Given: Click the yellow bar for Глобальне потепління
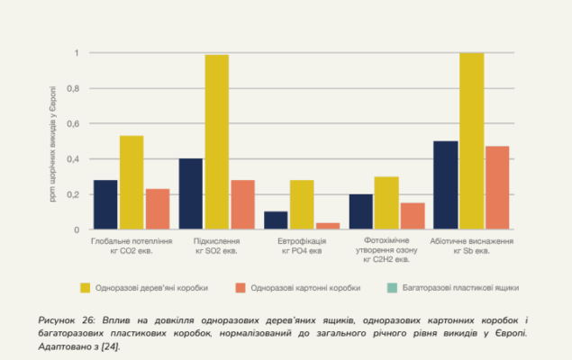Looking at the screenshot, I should point(132,183).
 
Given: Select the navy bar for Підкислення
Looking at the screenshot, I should point(191,194).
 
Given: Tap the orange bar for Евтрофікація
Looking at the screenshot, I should point(328,226).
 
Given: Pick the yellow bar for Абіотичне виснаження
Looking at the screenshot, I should point(472,141).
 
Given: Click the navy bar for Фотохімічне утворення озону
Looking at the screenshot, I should point(360,211).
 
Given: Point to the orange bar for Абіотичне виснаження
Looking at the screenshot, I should point(497,188).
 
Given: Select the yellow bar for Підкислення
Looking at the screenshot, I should point(216,142).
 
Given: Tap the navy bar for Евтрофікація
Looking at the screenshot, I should point(276,220).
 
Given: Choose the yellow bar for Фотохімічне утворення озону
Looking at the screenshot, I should point(386,203).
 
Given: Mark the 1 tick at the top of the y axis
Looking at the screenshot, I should point(76,53).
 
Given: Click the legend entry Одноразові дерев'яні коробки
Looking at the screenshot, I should point(144,288).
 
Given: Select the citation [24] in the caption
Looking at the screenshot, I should point(110,346).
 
